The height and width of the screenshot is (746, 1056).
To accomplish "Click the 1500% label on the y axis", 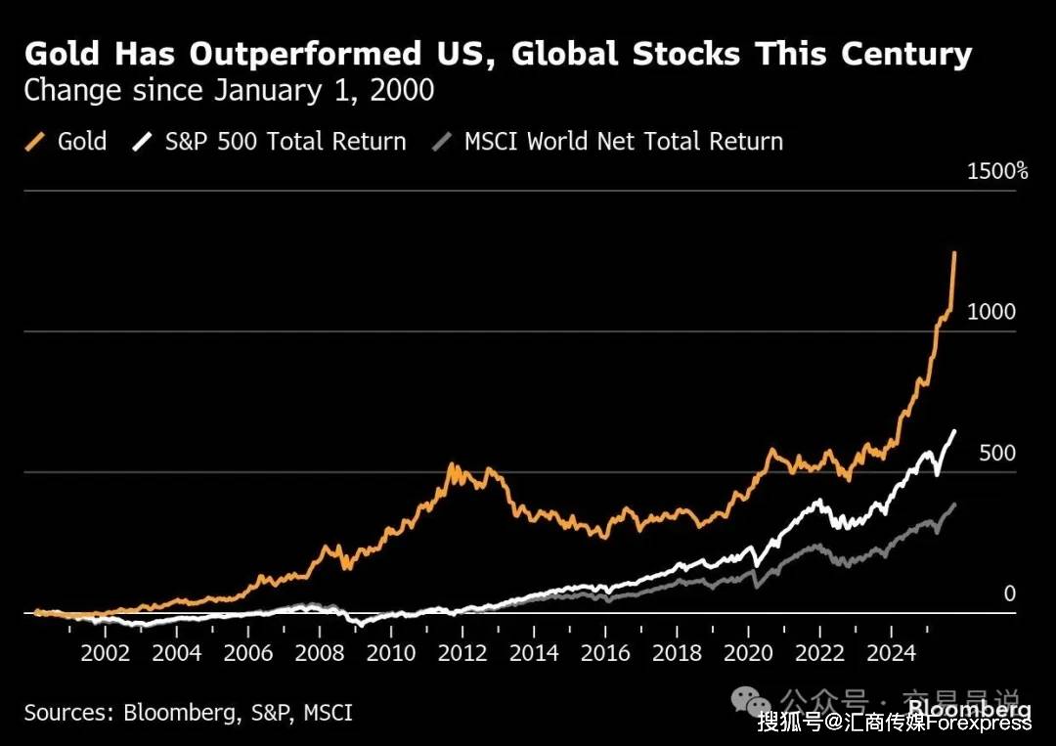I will tap(997, 171).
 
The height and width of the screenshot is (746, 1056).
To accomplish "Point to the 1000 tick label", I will tap(991, 312).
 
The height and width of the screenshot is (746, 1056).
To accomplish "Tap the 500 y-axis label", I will tap(996, 453).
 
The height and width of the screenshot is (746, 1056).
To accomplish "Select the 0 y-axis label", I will tap(1010, 593).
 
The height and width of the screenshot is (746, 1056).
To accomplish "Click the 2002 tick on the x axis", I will tap(105, 653).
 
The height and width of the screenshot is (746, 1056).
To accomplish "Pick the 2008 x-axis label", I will tap(319, 653).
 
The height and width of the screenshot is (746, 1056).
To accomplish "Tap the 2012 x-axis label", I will tap(462, 653).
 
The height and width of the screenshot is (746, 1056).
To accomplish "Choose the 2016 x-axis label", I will tap(605, 653).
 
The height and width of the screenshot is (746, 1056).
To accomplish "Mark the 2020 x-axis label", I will tap(748, 653).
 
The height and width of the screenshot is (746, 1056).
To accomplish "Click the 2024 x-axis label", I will tap(891, 653).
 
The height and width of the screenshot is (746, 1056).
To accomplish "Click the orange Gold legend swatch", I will tap(35, 142).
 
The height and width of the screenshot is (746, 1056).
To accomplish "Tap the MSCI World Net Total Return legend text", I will tap(624, 142).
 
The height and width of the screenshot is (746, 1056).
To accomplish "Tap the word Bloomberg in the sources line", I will tap(177, 713).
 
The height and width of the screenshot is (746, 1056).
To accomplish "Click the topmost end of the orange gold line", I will tap(954, 252).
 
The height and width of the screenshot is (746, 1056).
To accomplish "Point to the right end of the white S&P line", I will tap(954, 431).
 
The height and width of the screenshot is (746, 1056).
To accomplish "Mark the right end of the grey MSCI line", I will tap(954, 505).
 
